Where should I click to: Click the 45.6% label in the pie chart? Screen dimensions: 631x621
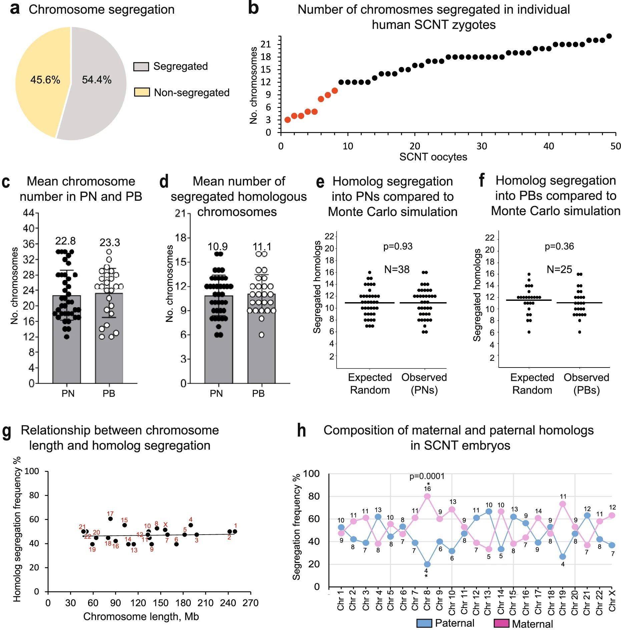[x=45, y=80]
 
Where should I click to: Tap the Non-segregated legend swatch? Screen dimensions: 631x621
[x=142, y=92]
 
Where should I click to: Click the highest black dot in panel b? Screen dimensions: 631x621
[x=609, y=36]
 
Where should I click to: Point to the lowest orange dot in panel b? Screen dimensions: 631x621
[x=287, y=120]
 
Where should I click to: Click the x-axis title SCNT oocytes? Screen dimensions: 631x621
[x=433, y=157]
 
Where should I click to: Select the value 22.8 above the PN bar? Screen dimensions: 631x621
[x=65, y=241]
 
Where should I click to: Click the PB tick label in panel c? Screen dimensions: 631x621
[x=109, y=394]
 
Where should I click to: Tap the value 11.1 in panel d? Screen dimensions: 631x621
[x=262, y=247]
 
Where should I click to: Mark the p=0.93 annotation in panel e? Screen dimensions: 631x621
[x=398, y=246]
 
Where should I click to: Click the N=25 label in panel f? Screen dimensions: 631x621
[x=559, y=269]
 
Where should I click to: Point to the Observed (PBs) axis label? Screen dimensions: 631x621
[x=586, y=384]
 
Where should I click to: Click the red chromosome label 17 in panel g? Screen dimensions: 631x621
[x=110, y=514]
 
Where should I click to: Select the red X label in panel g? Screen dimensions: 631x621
[x=165, y=525]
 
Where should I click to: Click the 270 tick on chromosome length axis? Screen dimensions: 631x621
[x=250, y=603]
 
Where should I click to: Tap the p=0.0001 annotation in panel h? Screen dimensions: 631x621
[x=427, y=476]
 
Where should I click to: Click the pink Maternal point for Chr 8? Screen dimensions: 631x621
[x=427, y=496]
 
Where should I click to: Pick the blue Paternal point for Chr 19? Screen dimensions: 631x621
[x=563, y=557]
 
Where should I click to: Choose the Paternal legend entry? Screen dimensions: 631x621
[x=446, y=623]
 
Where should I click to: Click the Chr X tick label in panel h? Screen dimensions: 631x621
[x=612, y=600]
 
